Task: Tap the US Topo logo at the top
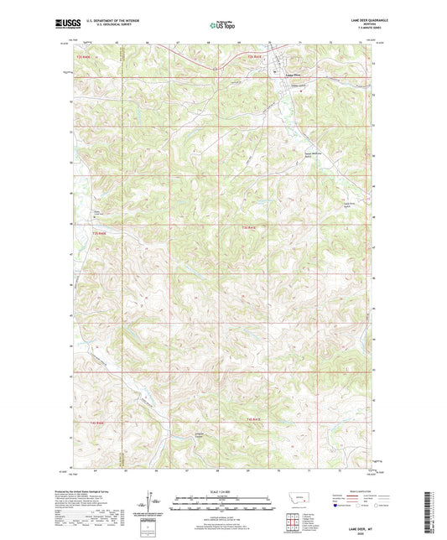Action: (219, 26)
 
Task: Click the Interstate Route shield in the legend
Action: (339, 506)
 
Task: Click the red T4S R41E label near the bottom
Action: (256, 419)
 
